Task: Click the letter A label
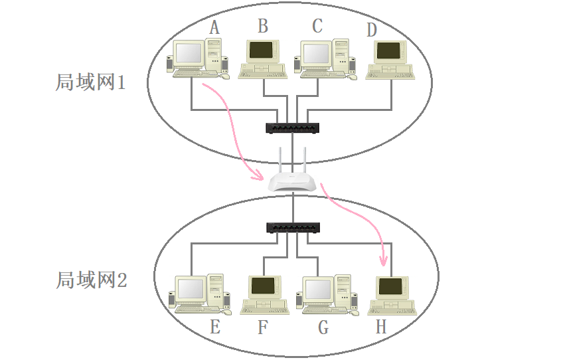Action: point(214,27)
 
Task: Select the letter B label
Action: point(263,26)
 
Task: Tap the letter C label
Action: point(317,26)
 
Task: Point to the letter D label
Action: point(371,30)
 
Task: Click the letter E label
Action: point(214,327)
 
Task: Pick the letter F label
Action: point(263,327)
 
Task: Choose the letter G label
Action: point(323,327)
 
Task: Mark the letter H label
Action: point(381,327)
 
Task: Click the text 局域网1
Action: point(90,83)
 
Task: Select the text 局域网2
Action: point(91,280)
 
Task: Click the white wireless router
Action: point(291,179)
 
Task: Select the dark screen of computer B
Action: point(261,50)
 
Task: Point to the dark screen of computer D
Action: point(388,51)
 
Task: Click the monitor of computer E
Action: point(191,288)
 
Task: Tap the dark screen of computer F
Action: point(263,286)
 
